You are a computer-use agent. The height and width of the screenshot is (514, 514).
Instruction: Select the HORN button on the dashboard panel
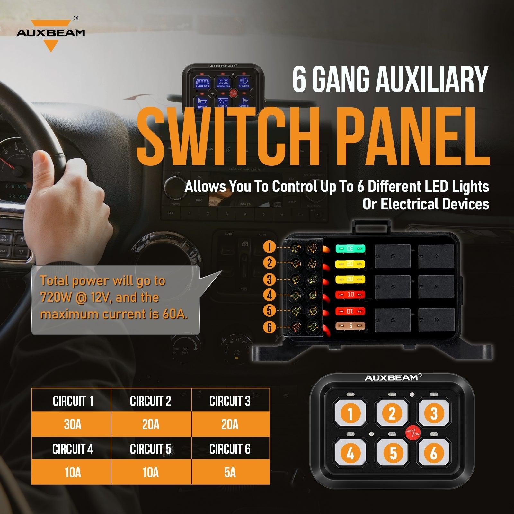click(202, 102)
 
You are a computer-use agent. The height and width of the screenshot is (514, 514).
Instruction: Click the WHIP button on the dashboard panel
click(244, 102)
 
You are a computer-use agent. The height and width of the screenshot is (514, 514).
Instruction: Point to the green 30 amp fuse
click(350, 248)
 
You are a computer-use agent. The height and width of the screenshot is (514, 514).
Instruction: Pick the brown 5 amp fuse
click(350, 326)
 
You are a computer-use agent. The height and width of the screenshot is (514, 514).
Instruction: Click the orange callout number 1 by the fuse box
click(270, 247)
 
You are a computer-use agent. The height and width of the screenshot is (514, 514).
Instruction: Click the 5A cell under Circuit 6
click(230, 473)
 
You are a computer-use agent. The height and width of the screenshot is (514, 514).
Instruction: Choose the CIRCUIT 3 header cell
click(230, 401)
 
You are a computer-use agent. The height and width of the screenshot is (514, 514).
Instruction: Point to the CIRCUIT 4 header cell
click(72, 449)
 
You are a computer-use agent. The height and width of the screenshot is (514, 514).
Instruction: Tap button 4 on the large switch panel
click(350, 453)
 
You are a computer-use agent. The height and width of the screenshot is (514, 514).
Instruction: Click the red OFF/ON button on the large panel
click(413, 432)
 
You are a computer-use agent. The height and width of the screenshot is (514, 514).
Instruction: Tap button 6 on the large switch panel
click(434, 453)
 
